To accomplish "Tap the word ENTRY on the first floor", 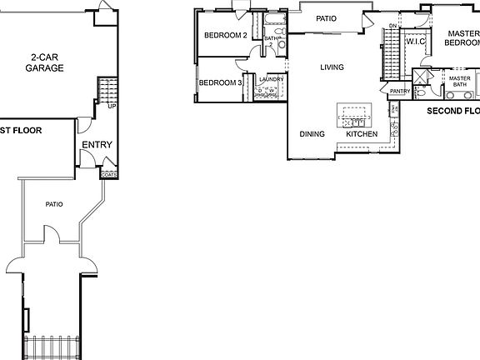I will [x=97, y=145].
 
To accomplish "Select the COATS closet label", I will [x=108, y=175].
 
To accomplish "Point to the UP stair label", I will [x=111, y=106].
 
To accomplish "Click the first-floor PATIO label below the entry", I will [x=55, y=204].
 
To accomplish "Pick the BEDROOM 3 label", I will [x=220, y=82].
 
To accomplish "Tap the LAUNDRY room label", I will [x=272, y=79].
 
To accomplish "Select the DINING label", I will [x=312, y=134].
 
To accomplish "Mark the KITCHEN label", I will [x=362, y=134].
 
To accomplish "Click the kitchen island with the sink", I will [x=353, y=112].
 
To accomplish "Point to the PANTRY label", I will [x=400, y=91].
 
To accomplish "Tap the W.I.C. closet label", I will [x=415, y=42].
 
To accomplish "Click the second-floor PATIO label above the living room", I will [x=326, y=18].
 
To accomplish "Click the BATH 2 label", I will [x=272, y=41].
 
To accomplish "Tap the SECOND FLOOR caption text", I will [x=452, y=110].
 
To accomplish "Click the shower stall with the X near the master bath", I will [x=422, y=77].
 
